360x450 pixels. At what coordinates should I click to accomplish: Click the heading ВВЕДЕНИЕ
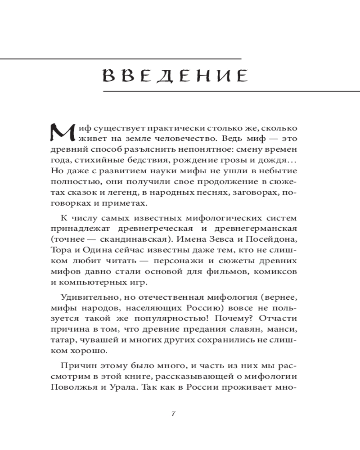coord(175,75)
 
